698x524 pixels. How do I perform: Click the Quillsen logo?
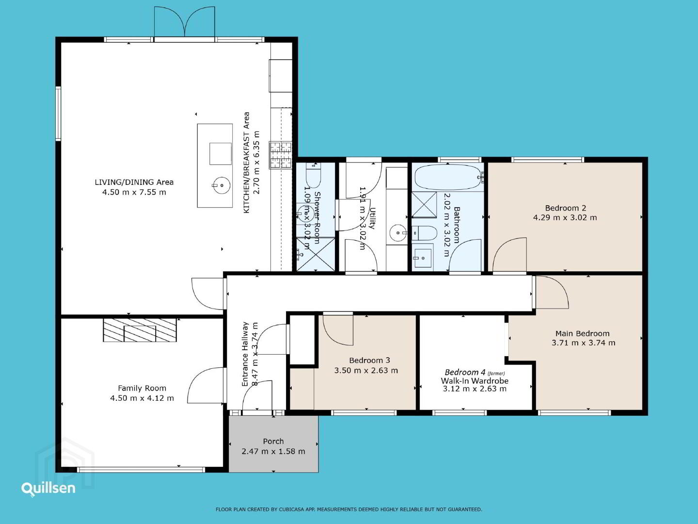48,489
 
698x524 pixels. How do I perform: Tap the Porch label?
273,442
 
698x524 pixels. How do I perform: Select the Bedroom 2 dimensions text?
565,218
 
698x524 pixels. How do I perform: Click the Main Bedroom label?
582,333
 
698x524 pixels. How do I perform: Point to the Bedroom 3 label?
369,360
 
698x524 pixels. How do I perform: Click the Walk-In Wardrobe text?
475,380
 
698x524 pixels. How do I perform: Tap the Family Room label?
142,388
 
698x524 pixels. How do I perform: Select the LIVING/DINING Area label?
134,182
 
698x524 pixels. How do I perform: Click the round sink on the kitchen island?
222,185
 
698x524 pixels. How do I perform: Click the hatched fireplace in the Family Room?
140,330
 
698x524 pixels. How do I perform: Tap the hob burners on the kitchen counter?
281,155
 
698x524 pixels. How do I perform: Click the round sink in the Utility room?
398,233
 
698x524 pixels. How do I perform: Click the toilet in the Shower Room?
313,175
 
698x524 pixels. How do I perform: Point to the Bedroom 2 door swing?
509,255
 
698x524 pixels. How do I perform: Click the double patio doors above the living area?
185,22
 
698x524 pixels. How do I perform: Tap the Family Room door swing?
206,385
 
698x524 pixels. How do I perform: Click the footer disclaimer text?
349,509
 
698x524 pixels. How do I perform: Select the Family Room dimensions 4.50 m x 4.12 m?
142,398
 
